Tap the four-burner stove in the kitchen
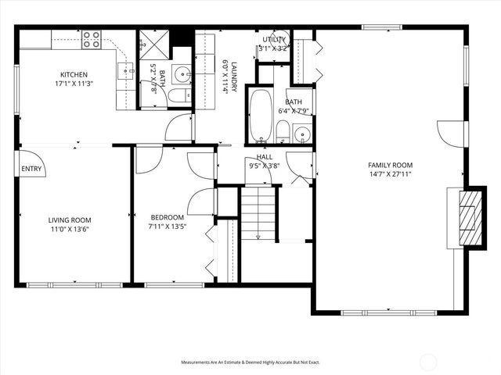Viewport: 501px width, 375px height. click(x=92, y=38)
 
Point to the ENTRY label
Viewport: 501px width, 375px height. click(x=31, y=168)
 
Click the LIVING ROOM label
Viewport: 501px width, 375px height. click(x=70, y=220)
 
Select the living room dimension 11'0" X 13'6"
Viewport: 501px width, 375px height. click(x=70, y=229)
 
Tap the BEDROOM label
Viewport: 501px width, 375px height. click(x=168, y=217)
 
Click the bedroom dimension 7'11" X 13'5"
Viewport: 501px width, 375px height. click(x=168, y=226)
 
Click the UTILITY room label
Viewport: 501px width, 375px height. click(x=274, y=39)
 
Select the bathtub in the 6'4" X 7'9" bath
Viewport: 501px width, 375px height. click(x=261, y=116)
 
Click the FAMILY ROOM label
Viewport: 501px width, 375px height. click(x=390, y=165)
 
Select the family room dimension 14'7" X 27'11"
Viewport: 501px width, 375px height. click(x=390, y=173)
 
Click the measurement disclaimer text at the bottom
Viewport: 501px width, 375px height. click(x=250, y=362)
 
